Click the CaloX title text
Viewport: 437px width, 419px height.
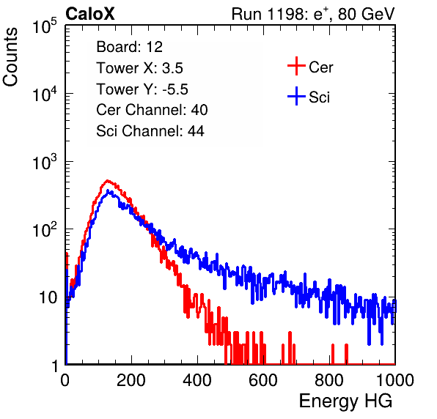tap(90, 14)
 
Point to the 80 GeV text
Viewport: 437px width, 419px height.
tap(366, 14)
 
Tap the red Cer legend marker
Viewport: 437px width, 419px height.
tap(296, 66)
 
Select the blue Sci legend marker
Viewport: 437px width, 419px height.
tap(296, 96)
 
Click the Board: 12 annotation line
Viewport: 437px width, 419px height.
tap(129, 47)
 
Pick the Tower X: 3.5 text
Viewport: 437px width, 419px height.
tap(139, 68)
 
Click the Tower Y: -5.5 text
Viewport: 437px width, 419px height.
tap(142, 89)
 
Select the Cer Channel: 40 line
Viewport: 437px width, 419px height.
tap(152, 110)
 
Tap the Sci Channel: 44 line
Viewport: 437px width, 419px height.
tap(150, 131)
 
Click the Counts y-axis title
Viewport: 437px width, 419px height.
tap(10, 57)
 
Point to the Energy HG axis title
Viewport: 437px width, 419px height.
tap(345, 401)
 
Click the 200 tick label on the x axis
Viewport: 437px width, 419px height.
tap(131, 380)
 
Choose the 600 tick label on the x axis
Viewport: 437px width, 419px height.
tap(263, 380)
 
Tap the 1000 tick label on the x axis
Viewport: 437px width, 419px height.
tap(395, 380)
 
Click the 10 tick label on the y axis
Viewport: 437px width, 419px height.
tap(48, 297)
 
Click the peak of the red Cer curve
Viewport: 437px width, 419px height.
tap(107, 181)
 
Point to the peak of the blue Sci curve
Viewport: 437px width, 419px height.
tap(109, 191)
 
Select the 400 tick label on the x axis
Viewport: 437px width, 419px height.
tap(197, 380)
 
